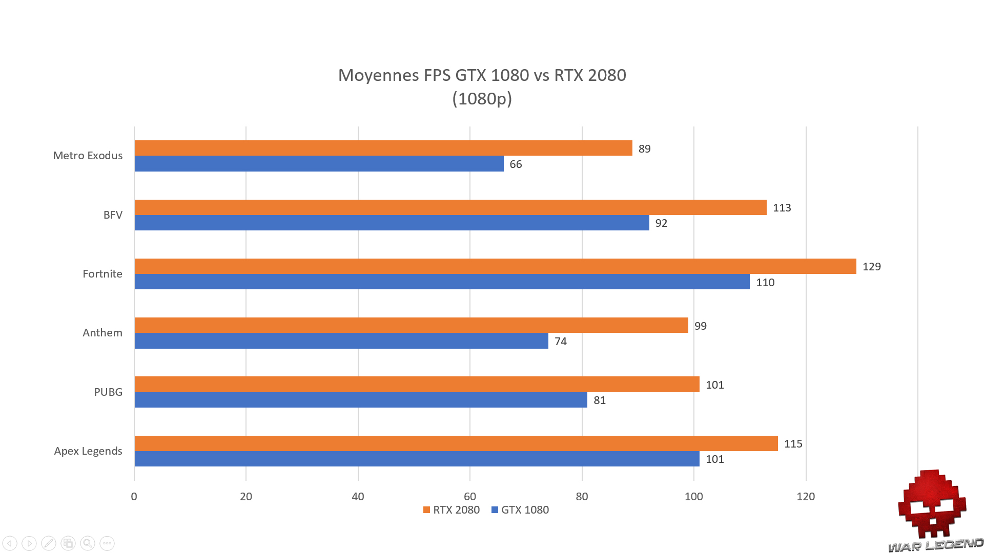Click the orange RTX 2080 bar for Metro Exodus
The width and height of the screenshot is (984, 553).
[x=383, y=148]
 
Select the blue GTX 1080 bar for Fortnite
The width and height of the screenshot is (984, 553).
[x=442, y=282]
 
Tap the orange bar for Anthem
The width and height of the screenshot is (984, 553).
[x=411, y=325]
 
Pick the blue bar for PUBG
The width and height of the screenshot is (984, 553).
[x=361, y=400]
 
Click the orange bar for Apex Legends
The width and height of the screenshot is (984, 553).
[x=456, y=443]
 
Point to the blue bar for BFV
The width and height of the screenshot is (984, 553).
[x=392, y=223]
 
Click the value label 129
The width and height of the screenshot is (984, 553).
[x=871, y=267]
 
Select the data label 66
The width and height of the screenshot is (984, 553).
[x=516, y=164]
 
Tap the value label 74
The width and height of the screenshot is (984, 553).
[x=561, y=342]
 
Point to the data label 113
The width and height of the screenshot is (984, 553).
[x=782, y=208]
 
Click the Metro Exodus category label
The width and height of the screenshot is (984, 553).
[x=88, y=156]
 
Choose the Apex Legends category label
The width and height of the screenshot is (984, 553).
[x=88, y=451]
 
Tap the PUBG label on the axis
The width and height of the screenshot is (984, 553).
[x=108, y=392]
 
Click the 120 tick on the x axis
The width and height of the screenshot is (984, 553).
[x=806, y=496]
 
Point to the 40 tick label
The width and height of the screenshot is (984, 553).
[x=358, y=496]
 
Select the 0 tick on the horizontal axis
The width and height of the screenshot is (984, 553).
[x=134, y=496]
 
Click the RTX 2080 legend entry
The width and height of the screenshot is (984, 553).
[x=452, y=510]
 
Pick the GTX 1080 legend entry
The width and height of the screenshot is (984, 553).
[x=520, y=510]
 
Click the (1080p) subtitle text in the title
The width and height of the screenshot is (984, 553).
[x=482, y=98]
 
